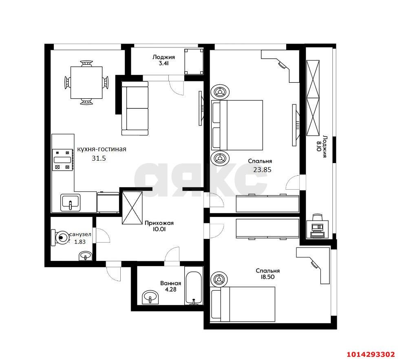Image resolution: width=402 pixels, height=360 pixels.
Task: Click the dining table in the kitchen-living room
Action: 86,83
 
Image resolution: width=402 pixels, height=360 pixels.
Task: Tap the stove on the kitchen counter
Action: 62,160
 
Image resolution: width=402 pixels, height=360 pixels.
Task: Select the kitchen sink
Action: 70,203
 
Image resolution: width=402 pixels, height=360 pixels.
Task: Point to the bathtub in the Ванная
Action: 194,288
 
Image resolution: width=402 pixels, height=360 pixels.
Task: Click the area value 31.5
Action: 99,158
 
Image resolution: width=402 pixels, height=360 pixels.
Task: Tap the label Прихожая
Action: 159,223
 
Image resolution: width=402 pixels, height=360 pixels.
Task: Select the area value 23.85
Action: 262,170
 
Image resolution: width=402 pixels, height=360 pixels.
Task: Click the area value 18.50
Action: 267,277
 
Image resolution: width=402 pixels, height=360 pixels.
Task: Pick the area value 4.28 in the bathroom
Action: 170,289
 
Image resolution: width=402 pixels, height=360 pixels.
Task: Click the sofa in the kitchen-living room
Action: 135,108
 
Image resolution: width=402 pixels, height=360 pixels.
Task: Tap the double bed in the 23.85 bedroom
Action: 237,125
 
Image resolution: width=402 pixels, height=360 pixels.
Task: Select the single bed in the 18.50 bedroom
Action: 243,304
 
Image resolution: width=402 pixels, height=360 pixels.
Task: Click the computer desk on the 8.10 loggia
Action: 318,225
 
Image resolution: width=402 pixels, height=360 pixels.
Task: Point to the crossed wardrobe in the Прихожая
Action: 132,208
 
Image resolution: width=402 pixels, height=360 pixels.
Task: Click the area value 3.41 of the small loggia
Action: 163,63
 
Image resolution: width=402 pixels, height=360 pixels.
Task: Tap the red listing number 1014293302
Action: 371,354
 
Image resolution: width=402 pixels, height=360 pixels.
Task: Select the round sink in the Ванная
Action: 150,297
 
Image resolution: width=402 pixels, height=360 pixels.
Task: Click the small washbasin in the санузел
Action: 85,256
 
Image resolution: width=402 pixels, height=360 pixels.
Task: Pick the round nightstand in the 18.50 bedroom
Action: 219,278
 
